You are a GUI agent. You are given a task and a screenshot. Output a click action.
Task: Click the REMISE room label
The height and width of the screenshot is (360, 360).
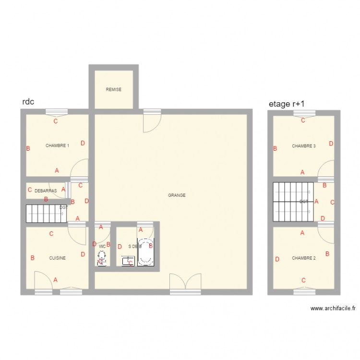point(114,90)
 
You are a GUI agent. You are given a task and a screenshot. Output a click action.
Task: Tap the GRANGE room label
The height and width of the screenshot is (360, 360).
point(177,195)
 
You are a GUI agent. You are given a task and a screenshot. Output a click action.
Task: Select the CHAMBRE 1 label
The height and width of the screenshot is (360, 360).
point(57,145)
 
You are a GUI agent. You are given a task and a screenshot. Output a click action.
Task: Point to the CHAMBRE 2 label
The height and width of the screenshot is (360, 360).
point(304,258)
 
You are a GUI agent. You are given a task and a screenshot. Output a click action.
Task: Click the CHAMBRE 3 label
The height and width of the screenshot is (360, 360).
point(304,146)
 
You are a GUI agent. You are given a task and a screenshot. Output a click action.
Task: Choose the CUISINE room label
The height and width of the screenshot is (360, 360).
point(57,258)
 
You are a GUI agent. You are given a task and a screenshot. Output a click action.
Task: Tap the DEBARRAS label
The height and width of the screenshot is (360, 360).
point(46,191)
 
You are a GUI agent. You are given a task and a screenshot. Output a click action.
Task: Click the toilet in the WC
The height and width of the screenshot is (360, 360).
point(102,259)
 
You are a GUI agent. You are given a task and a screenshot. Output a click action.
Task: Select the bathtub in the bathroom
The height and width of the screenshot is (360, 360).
point(145,252)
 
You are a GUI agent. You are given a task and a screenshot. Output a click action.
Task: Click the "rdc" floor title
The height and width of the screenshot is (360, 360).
point(28,102)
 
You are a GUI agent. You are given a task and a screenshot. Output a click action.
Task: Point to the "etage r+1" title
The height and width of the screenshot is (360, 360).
point(287,103)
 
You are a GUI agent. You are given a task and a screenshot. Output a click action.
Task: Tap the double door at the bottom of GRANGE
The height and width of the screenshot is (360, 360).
point(185,283)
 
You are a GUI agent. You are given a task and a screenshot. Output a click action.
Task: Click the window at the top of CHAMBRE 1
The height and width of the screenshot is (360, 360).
point(57,113)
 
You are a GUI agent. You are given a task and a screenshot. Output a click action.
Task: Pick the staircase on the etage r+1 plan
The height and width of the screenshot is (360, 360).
point(293,202)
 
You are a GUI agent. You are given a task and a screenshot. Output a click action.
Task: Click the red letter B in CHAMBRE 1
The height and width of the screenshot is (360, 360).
point(28,149)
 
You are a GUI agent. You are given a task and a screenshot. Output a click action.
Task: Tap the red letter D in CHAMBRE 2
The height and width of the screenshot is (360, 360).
point(277,260)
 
